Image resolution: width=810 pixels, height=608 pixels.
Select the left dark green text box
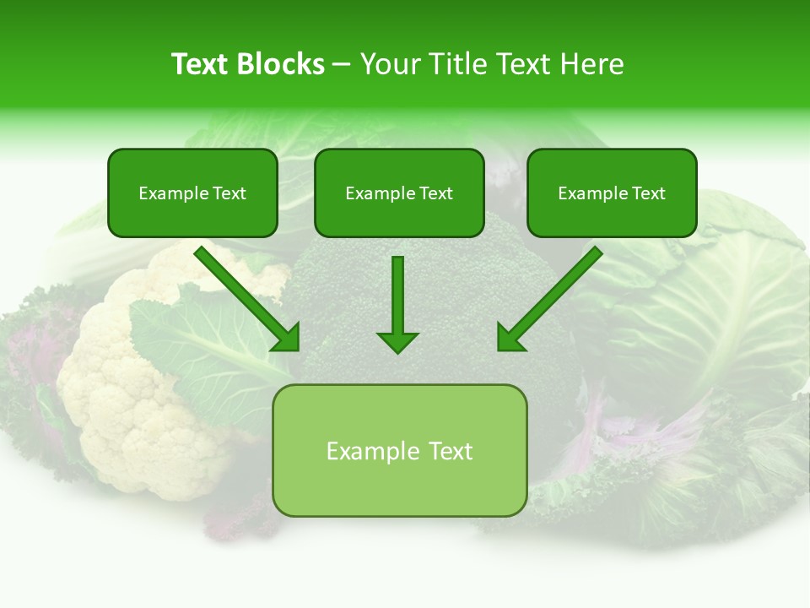coord(192,193)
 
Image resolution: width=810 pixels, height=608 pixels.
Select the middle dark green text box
coord(399,193)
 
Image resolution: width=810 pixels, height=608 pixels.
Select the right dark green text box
coord(612,193)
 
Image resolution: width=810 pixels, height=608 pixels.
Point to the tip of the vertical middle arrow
coord(397,350)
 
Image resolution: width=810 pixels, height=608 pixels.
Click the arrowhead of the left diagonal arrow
coord(287,339)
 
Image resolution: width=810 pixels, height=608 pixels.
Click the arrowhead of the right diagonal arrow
coord(510,339)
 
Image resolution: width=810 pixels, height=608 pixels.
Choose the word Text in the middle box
coord(436,193)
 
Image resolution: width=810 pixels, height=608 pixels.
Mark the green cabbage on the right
coord(717,304)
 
